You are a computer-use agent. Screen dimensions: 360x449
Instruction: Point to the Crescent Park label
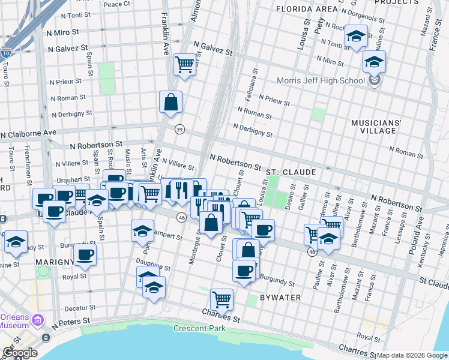click(199, 328)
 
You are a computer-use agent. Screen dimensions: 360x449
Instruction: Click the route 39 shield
click(179, 129)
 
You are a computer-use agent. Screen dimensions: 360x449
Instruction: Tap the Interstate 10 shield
click(5, 53)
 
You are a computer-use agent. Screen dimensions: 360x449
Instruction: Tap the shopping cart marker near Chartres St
click(221, 298)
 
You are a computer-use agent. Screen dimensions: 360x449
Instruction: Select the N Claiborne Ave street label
click(28, 133)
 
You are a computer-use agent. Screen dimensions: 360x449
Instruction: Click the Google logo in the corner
click(19, 353)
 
